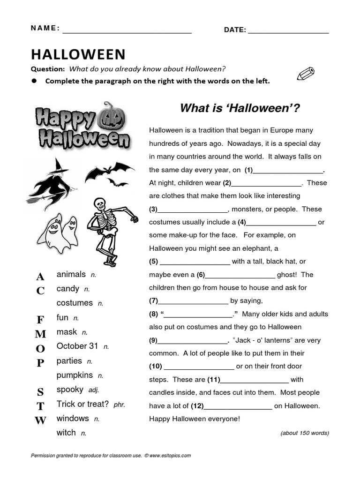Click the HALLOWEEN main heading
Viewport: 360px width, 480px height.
pyautogui.click(x=78, y=55)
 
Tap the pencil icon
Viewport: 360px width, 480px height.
pyautogui.click(x=306, y=74)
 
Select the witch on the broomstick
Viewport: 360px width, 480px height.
pyautogui.click(x=50, y=182)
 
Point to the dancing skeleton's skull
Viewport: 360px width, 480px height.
pyautogui.click(x=99, y=204)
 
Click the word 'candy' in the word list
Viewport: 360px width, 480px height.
pyautogui.click(x=68, y=289)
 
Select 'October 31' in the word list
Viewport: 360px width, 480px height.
pyautogui.click(x=77, y=346)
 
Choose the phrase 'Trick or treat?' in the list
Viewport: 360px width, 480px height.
pyautogui.click(x=82, y=404)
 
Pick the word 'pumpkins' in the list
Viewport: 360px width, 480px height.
pyautogui.click(x=75, y=375)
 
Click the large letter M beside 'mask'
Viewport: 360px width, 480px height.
pyautogui.click(x=41, y=334)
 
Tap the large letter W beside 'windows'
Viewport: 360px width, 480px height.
pyautogui.click(x=41, y=420)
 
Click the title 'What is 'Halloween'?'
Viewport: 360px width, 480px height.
pyautogui.click(x=240, y=109)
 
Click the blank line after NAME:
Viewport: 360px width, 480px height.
pyautogui.click(x=127, y=32)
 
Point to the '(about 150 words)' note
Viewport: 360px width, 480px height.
pyautogui.click(x=304, y=433)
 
